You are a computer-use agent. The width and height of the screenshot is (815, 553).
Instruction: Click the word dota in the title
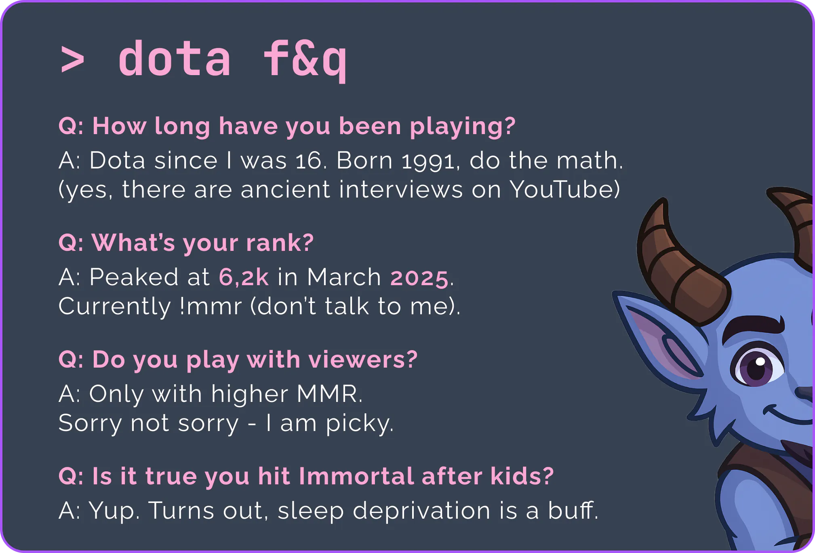click(x=175, y=59)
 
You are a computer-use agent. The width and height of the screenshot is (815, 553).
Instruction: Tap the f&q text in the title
click(x=305, y=60)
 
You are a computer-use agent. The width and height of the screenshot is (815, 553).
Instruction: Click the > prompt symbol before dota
click(x=72, y=60)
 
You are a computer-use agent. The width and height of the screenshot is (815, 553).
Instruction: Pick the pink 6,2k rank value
click(x=244, y=278)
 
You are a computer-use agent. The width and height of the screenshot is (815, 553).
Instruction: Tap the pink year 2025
click(x=419, y=278)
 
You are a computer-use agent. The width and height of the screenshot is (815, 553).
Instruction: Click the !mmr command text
click(x=211, y=307)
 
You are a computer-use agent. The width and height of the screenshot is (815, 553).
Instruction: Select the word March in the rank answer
click(x=344, y=277)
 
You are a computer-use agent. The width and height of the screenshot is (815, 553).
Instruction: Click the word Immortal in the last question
click(x=356, y=475)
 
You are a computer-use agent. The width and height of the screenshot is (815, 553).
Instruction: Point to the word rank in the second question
click(x=273, y=242)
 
